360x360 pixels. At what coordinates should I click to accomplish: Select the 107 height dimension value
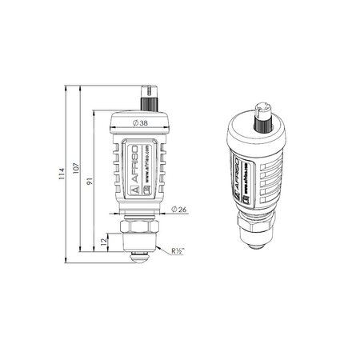coord(75,170)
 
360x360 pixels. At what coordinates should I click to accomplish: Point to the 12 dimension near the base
coord(105,241)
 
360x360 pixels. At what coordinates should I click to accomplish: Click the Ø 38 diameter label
coord(139,122)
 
